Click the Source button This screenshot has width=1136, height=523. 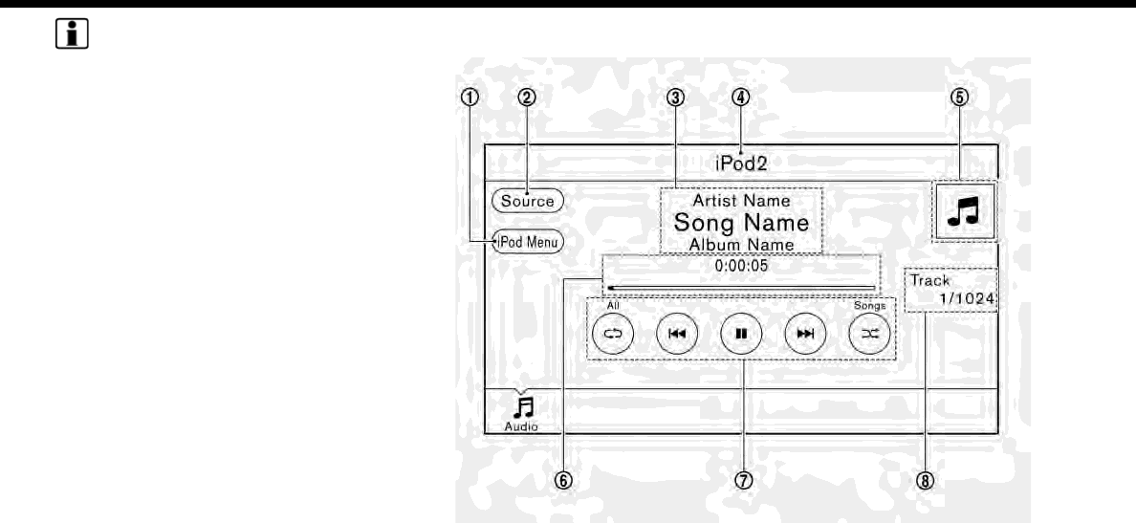[528, 201]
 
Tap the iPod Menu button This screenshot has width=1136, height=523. [527, 242]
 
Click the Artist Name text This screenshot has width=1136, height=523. [741, 202]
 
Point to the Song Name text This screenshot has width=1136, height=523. [741, 223]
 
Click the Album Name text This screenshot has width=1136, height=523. [741, 244]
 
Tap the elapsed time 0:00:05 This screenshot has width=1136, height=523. [741, 268]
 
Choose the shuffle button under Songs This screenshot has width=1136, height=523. [870, 334]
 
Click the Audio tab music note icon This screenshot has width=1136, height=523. [522, 409]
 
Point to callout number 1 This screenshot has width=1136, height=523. [468, 97]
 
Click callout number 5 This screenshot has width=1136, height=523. [966, 97]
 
